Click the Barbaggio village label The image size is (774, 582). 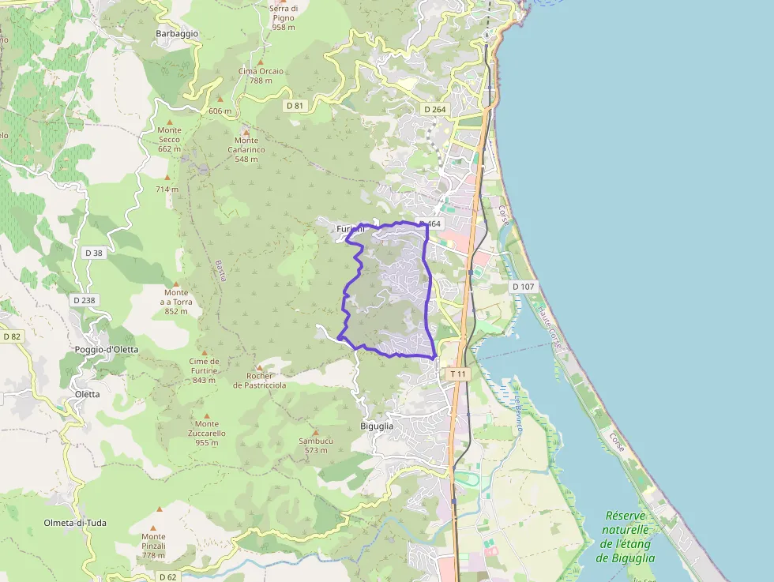(x=177, y=34)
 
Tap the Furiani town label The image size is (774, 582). (x=349, y=229)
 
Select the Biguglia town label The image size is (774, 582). (x=377, y=426)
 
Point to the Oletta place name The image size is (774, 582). (x=87, y=394)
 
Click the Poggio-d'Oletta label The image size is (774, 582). (x=107, y=349)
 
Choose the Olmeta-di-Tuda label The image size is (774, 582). (x=75, y=523)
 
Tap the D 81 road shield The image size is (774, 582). (x=295, y=105)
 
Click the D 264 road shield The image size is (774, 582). (x=435, y=109)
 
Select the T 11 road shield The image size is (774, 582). (x=458, y=374)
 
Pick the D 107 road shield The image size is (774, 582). (x=523, y=287)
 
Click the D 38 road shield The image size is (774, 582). (x=92, y=253)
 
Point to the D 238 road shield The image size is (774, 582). (x=84, y=300)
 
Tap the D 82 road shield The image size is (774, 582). (x=11, y=336)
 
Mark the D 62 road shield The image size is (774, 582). (x=167, y=576)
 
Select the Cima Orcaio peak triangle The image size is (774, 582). (x=261, y=62)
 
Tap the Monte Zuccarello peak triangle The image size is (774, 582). (x=207, y=415)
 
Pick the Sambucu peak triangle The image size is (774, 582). (x=315, y=432)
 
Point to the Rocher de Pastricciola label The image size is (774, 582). (x=259, y=381)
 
